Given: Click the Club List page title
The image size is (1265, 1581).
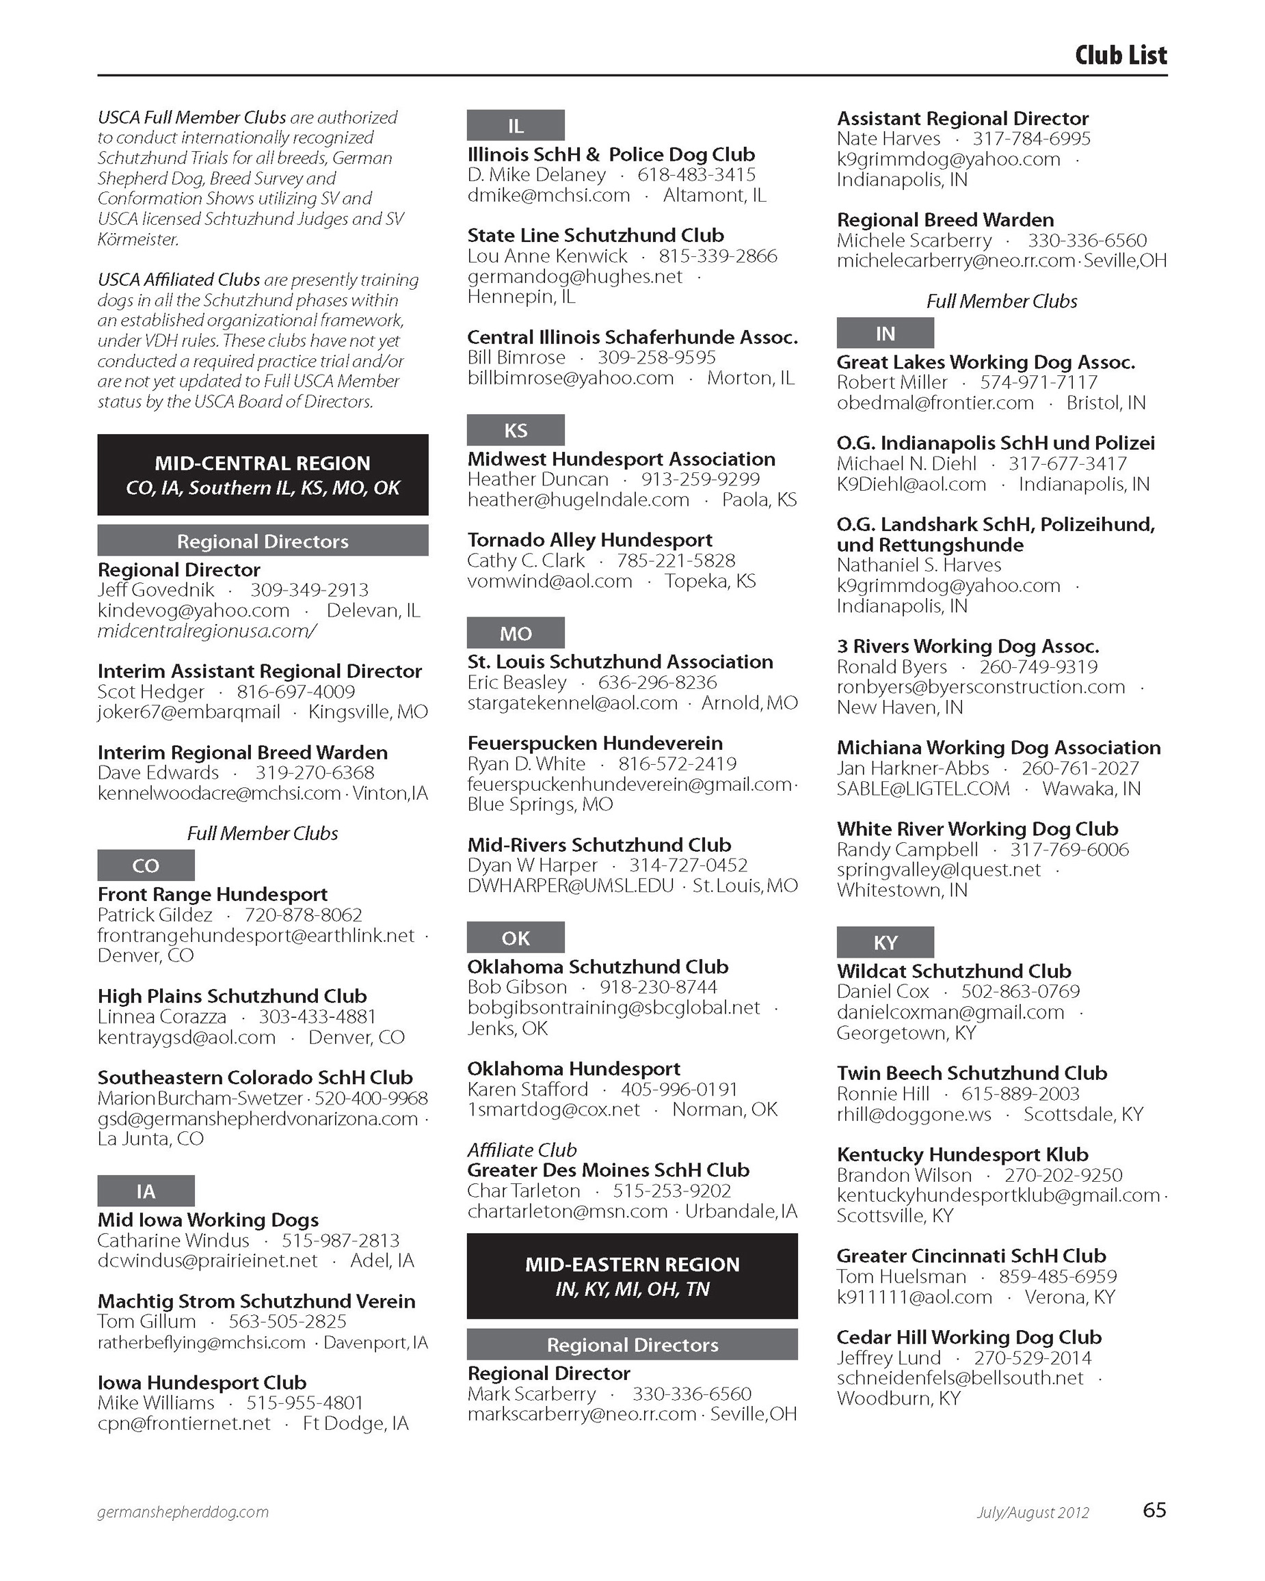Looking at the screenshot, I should point(1120,55).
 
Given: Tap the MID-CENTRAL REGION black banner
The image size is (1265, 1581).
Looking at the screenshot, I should point(263,474).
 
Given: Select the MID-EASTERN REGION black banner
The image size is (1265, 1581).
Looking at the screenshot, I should point(632,1276).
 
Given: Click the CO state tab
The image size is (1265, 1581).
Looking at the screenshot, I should point(146,865).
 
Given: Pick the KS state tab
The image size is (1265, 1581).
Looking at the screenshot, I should point(515,430).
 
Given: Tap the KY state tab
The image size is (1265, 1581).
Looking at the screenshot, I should point(885,943).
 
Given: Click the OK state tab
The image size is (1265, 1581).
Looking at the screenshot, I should point(515,938).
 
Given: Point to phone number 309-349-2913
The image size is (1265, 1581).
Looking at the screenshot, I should point(309,591).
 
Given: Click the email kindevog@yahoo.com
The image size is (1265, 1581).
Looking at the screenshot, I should point(194,611).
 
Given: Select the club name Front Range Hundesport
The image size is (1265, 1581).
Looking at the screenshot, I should point(213,894).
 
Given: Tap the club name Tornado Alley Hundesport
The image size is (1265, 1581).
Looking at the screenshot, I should point(589,540).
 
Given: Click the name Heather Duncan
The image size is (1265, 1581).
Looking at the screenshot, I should point(538,480).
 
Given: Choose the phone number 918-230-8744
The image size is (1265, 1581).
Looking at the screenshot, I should point(658,987).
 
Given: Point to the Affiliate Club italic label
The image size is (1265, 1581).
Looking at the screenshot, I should point(522,1150).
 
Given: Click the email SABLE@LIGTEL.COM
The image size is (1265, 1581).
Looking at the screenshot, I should point(923,788).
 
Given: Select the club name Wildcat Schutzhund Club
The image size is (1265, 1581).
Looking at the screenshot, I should point(954,971).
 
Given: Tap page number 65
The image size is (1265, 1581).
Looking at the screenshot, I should point(1154,1511).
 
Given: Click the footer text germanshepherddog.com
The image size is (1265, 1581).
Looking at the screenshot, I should point(183,1512).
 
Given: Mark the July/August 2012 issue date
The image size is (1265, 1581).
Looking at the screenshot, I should point(1033,1513).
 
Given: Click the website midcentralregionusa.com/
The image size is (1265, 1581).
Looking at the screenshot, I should point(207,631).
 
